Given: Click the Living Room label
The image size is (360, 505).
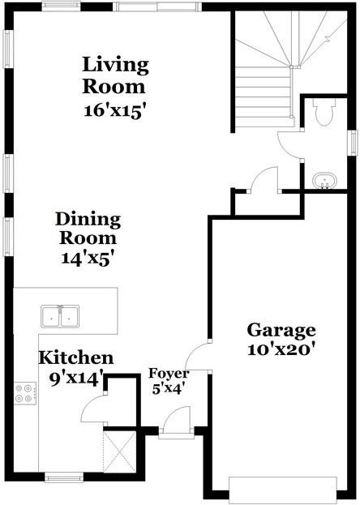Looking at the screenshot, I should pos(116,75).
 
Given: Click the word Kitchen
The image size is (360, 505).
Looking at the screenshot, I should pos(77,357).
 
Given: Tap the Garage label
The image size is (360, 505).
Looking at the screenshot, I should pos(281,330).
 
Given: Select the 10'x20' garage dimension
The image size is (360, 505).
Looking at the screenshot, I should pos(281,350).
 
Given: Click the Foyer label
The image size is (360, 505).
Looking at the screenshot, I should pos(169,374).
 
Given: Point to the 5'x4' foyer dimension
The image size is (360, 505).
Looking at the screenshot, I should pos(168,387).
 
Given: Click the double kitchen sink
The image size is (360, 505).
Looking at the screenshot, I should pos(60,315).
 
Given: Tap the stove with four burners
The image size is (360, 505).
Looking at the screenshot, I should pos(24,393).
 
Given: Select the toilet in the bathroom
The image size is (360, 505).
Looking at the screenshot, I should pos(324,113).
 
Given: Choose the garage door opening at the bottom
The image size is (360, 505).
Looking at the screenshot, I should pos(281,489).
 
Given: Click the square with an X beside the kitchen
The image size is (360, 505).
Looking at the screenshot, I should pos(118,452).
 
